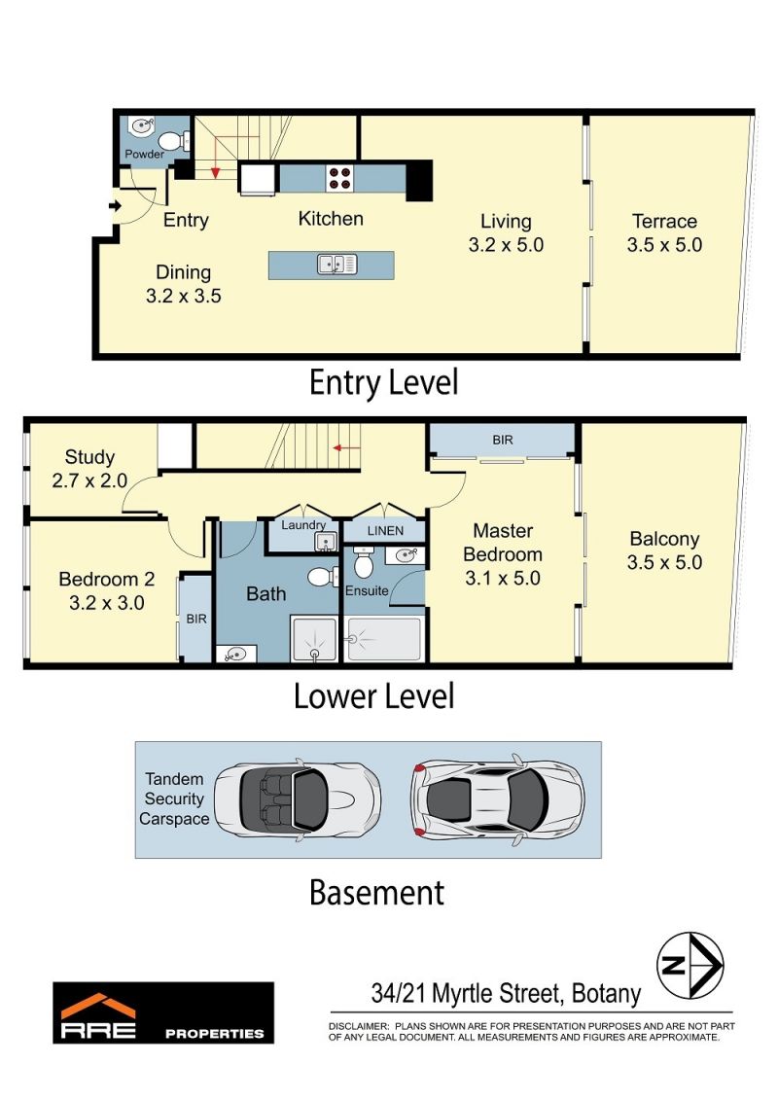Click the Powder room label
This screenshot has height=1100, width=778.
(144, 154)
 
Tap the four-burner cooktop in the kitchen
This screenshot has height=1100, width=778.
(339, 178)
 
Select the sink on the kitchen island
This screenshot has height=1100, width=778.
(336, 265)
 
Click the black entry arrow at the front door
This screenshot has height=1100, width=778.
(115, 205)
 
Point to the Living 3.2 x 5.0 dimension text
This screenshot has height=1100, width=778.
(506, 245)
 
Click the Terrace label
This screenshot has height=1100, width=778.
(664, 221)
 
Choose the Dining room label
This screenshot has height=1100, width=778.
(183, 272)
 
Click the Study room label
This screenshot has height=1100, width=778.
(89, 457)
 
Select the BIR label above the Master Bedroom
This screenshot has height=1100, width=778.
(503, 440)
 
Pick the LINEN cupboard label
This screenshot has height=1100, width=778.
(385, 531)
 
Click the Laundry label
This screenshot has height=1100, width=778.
(303, 525)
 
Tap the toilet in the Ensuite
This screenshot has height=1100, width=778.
(363, 562)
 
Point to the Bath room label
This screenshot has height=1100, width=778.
(265, 594)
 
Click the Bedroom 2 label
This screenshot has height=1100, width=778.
(107, 580)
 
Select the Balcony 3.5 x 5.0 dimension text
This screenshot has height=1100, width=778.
(664, 562)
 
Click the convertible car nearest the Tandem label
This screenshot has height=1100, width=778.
(298, 799)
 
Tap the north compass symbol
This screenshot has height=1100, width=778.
(690, 966)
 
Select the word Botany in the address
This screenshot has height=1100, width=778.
(606, 993)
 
